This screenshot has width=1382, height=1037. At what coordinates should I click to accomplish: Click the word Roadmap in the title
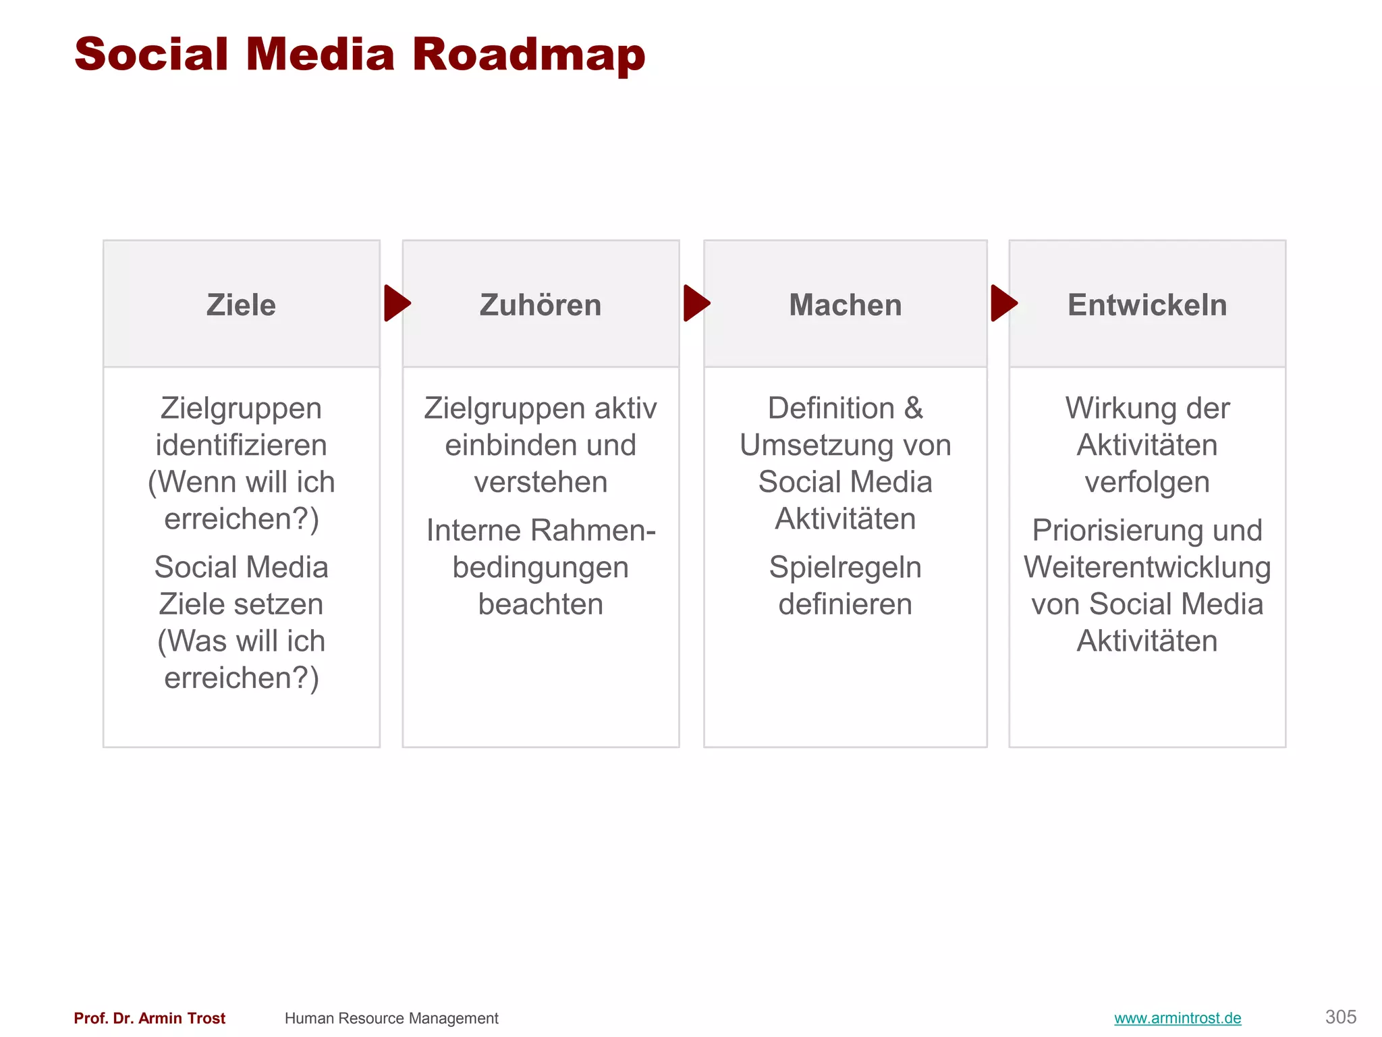tap(528, 55)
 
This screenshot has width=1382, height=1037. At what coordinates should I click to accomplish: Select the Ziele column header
tap(241, 305)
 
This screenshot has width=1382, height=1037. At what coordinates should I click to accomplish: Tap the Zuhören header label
tap(541, 305)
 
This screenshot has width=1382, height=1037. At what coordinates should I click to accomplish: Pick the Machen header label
tap(845, 305)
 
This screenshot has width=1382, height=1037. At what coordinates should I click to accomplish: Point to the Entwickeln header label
tap(1147, 305)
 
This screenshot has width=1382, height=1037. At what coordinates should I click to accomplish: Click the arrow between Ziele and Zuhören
tap(397, 303)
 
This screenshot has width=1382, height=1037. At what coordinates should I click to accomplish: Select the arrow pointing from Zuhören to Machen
tap(696, 303)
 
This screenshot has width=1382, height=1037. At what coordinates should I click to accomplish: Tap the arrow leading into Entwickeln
tap(1003, 303)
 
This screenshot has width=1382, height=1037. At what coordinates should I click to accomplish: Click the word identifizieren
tap(241, 446)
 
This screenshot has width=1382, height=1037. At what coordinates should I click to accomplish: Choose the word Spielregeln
tap(845, 568)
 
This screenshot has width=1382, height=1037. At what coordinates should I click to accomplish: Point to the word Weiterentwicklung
tap(1147, 568)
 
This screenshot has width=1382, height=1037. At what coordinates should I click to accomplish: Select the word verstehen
tap(541, 483)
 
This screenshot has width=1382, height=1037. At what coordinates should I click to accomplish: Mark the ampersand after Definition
tap(913, 408)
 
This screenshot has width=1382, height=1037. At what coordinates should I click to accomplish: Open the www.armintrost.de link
tap(1178, 1018)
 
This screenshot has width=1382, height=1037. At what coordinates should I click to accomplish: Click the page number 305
tap(1340, 1017)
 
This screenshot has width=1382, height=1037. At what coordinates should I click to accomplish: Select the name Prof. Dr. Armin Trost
tap(149, 1018)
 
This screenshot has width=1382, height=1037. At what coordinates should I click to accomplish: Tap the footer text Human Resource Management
tap(391, 1018)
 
